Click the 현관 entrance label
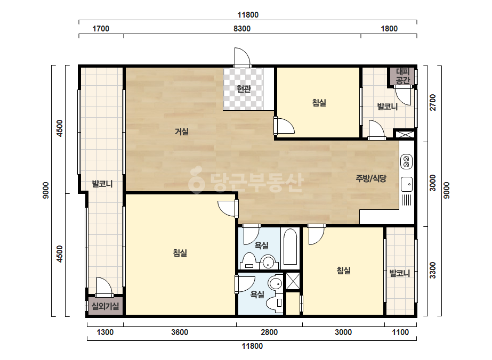(x=244, y=89)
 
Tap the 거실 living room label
(x=182, y=132)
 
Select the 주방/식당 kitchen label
(x=371, y=178)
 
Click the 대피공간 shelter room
(x=403, y=76)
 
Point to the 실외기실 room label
(x=106, y=306)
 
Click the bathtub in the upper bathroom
(x=290, y=247)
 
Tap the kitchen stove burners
(x=406, y=161)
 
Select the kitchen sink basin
(x=407, y=184)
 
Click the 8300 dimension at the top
(x=242, y=29)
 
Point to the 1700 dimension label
(x=101, y=29)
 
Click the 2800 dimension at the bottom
(x=269, y=332)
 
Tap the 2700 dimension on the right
(x=433, y=102)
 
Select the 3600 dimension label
(x=180, y=332)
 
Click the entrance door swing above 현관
(x=242, y=56)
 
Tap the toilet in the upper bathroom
(x=249, y=260)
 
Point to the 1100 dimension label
(x=400, y=332)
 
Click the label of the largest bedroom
(x=180, y=253)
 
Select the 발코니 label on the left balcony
(x=102, y=184)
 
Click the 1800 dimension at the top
(x=389, y=29)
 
